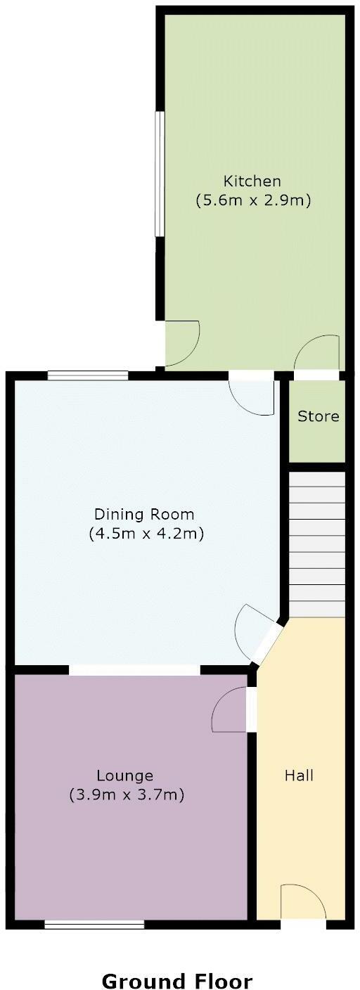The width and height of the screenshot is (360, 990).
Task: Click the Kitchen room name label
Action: [x=252, y=181]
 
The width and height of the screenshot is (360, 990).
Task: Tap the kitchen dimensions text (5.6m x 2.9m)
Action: [x=252, y=200]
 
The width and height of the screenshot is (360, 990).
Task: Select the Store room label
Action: [x=318, y=416]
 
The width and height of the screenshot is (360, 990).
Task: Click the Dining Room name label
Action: [x=146, y=514]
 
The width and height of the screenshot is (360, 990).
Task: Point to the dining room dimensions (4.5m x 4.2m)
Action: [x=146, y=534]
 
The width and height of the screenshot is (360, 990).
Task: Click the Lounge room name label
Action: [x=125, y=776]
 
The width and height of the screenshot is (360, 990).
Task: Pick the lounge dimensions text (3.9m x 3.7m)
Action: [x=127, y=795]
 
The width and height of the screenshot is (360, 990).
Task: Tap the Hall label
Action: [x=299, y=776]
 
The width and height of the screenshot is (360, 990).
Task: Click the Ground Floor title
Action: [x=176, y=961]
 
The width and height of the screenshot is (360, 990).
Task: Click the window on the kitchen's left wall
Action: [x=160, y=174]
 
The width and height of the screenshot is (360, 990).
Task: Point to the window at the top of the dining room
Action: [x=88, y=375]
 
